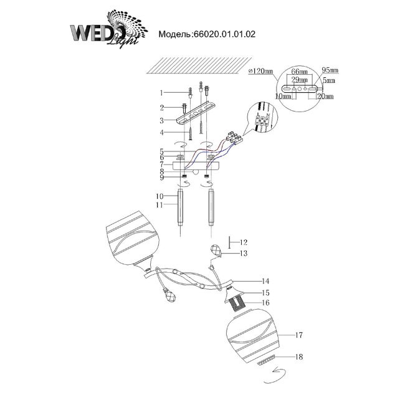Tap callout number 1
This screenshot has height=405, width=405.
(x=161, y=93)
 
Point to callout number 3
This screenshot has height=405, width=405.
(x=161, y=120)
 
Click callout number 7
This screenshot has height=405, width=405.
(x=161, y=165)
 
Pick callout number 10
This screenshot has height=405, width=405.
(x=161, y=196)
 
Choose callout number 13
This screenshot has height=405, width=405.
(x=244, y=254)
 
